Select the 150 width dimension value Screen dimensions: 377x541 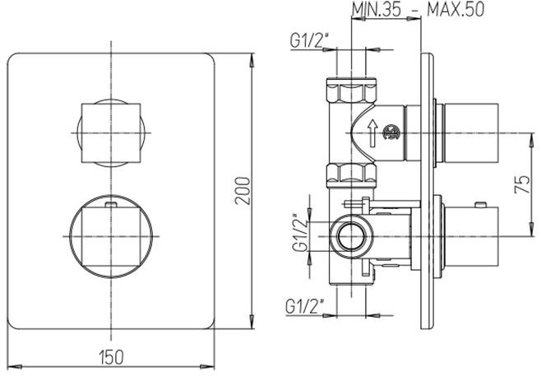112,356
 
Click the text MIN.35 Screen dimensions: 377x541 375,10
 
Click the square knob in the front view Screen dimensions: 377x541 110,132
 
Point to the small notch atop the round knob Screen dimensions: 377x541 110,200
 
